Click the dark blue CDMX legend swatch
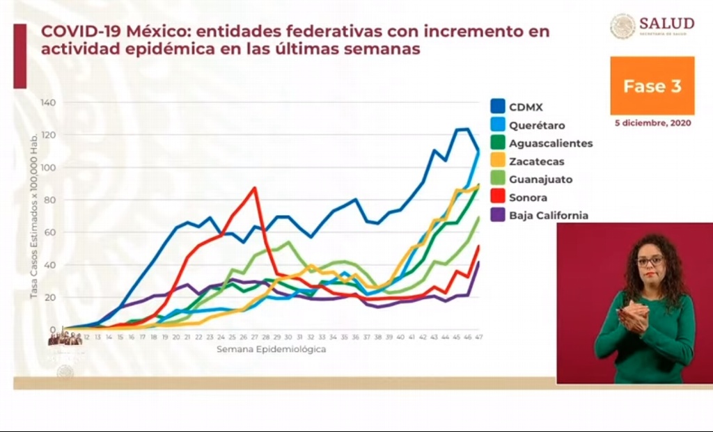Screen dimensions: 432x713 pos(497,107)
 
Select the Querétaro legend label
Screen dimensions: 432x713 pos(536,126)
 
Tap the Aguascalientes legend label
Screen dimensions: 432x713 pos(550,143)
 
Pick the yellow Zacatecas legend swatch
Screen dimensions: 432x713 pos(497,161)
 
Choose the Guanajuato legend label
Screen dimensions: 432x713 pos(540,179)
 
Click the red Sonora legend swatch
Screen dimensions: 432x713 pos(497,198)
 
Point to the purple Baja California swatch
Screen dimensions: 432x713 pos(497,216)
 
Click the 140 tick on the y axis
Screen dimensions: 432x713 pos(48,103)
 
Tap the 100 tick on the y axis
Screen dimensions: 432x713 pos(48,168)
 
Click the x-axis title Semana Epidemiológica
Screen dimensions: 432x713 pos(271,349)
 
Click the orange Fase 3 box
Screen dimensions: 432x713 pos(652,86)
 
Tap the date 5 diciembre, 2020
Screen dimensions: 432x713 pos(652,123)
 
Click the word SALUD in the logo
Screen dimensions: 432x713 pos(666,23)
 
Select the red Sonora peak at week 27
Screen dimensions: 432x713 pos(255,188)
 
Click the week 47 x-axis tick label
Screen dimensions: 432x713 pos(479,337)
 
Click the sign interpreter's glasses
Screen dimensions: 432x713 pos(650,261)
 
